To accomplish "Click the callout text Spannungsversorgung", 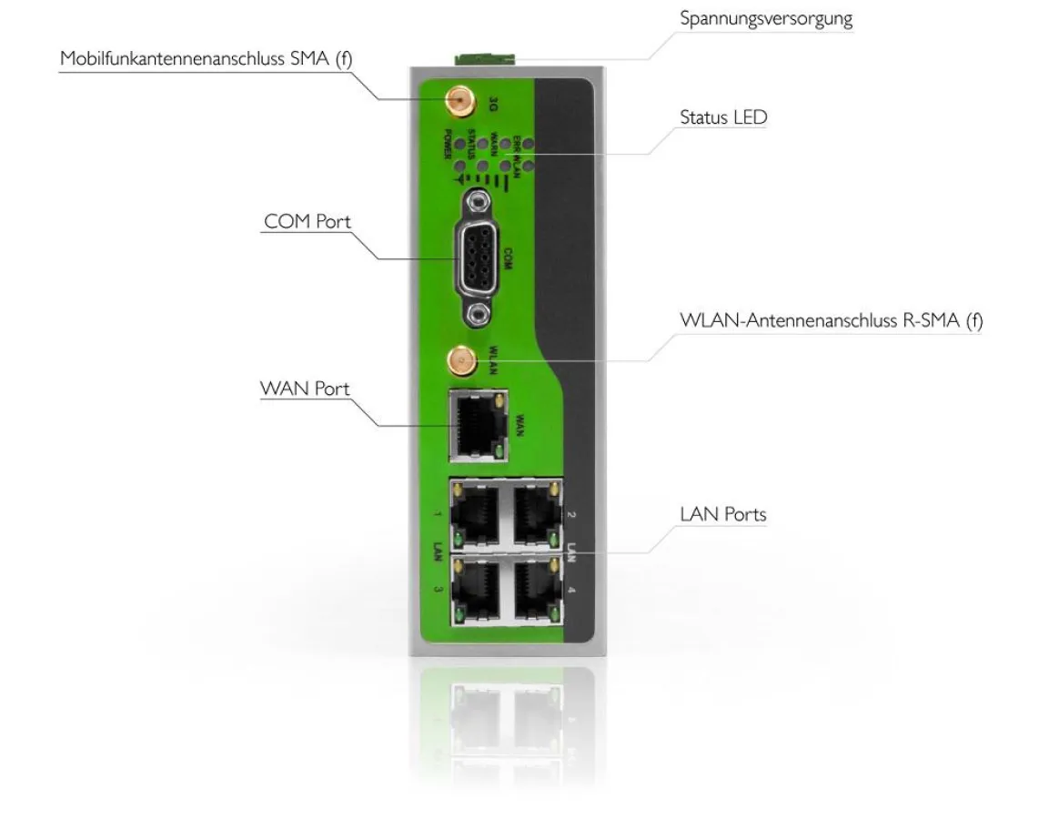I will tap(766, 19).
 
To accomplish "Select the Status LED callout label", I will tap(723, 117).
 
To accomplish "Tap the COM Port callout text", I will tap(308, 222).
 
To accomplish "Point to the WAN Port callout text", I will tap(305, 389).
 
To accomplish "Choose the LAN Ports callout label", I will tap(723, 514).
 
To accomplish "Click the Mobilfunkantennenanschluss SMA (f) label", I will tap(206, 58).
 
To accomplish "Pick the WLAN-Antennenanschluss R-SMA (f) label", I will tap(831, 321).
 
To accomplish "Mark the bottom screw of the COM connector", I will tap(476, 315).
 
